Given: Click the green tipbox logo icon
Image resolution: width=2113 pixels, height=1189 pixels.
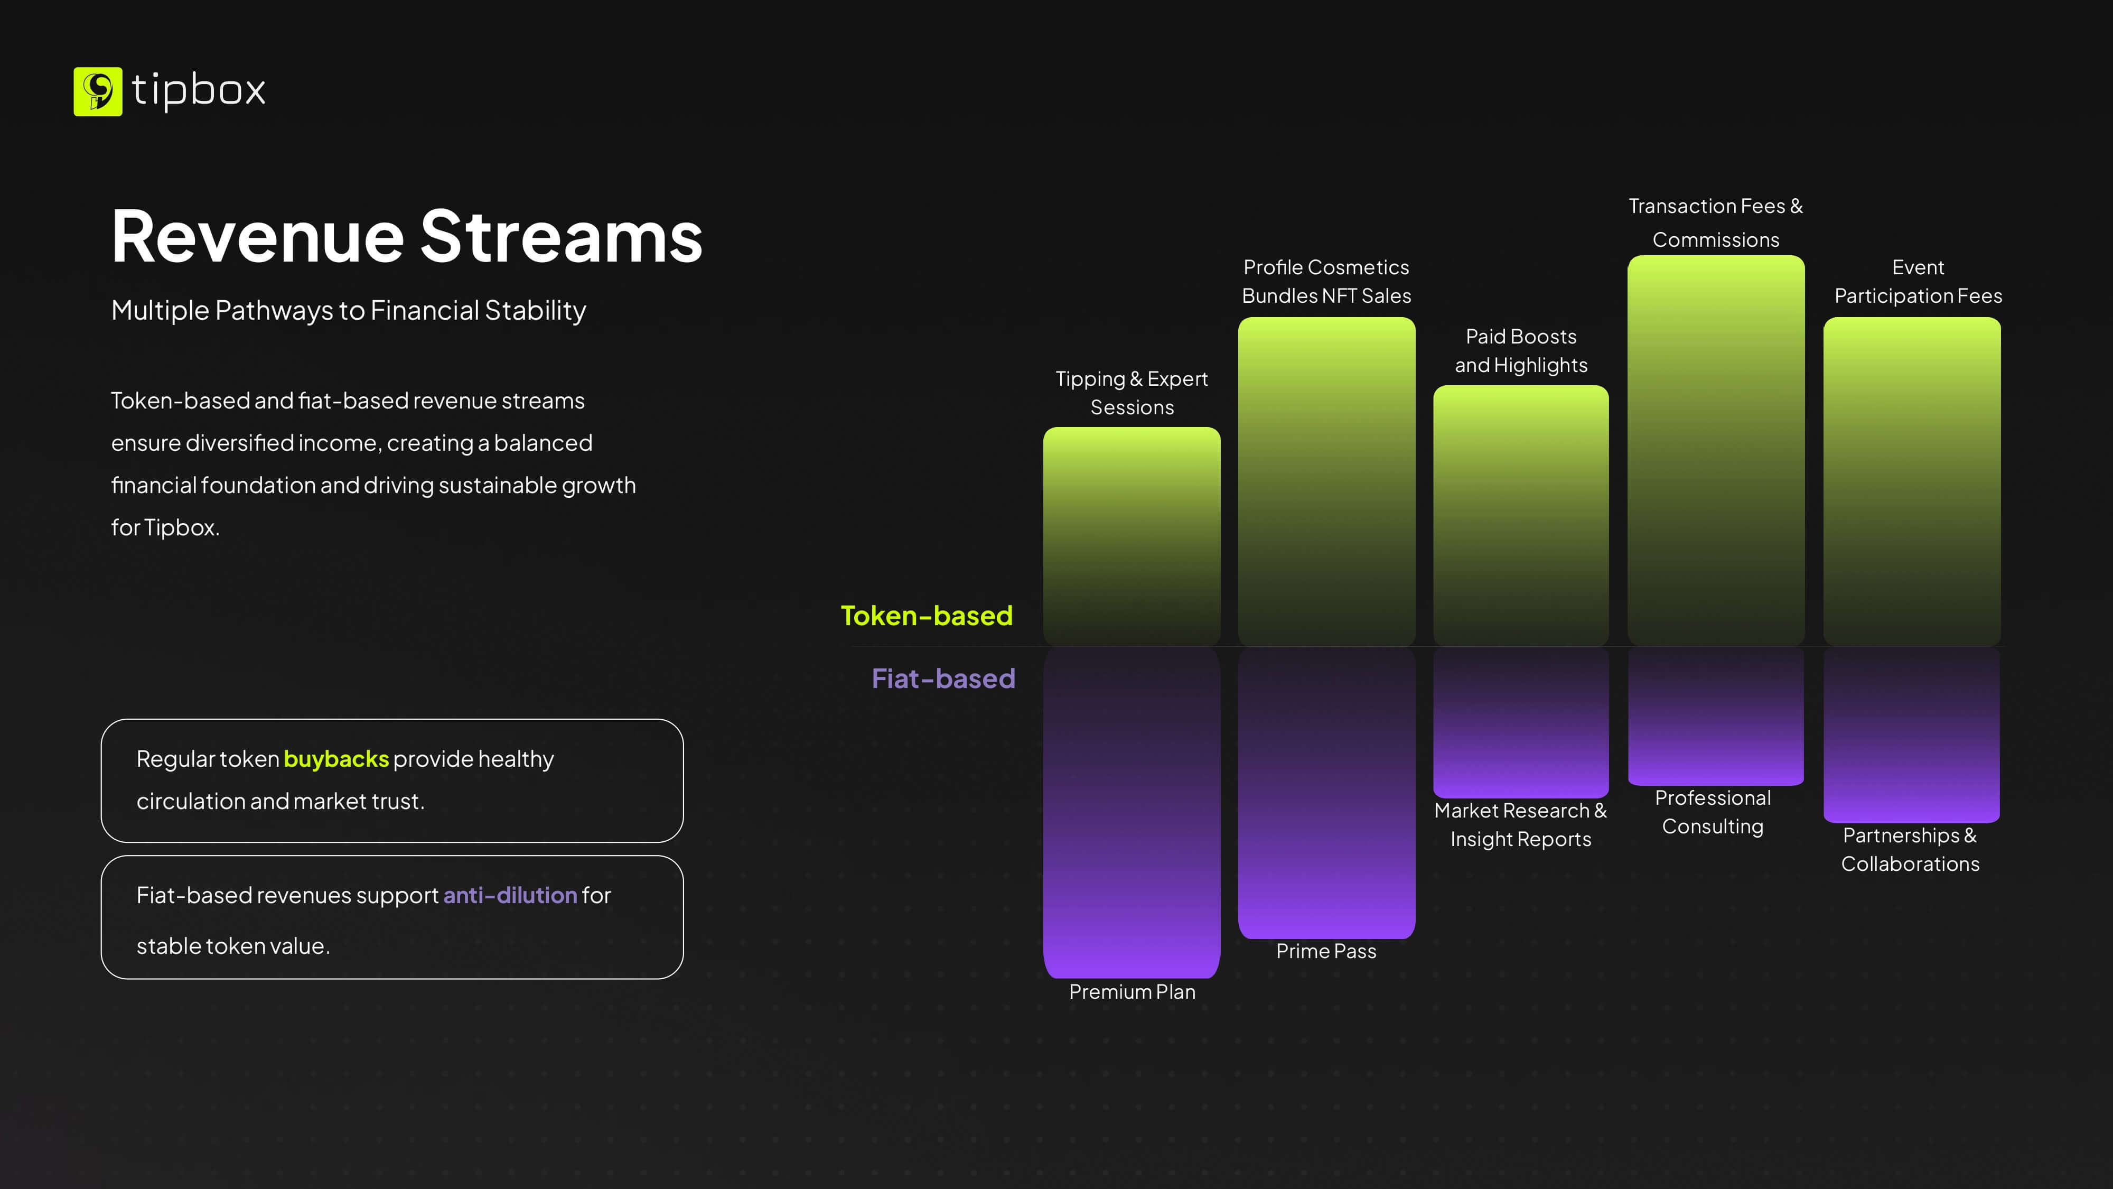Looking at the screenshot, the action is (98, 91).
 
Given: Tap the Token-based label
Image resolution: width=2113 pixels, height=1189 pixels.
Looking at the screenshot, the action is (927, 616).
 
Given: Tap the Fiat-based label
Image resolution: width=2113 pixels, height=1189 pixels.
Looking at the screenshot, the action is (943, 679).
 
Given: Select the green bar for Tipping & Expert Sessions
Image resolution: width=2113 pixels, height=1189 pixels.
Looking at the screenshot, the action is (1132, 536).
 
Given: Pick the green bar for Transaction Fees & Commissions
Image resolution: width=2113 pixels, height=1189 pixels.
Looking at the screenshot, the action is (1716, 450).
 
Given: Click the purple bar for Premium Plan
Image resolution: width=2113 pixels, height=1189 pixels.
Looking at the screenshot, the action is (1132, 812).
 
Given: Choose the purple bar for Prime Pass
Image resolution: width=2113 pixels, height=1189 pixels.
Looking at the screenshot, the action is (1326, 793).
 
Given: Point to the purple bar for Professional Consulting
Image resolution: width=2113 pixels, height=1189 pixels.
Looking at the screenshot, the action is (1716, 717).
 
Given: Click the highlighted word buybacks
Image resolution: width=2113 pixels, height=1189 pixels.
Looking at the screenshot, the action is (336, 759).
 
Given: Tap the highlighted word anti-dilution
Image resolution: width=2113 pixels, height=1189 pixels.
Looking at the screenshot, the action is (510, 895).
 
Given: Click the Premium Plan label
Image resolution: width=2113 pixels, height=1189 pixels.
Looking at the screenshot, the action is (1132, 992).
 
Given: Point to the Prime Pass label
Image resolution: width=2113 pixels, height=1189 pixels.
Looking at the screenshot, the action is (1326, 951).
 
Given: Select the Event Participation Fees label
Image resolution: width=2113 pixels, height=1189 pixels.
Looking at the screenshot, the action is (1919, 282).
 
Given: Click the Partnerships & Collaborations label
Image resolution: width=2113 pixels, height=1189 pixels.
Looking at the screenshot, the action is (1910, 849).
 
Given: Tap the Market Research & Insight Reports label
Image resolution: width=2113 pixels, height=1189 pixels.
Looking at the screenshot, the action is (1521, 825).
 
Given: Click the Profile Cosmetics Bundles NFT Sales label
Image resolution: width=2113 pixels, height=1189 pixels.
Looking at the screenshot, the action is (1326, 282).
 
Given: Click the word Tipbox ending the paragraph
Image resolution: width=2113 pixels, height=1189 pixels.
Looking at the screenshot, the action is (181, 527).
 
